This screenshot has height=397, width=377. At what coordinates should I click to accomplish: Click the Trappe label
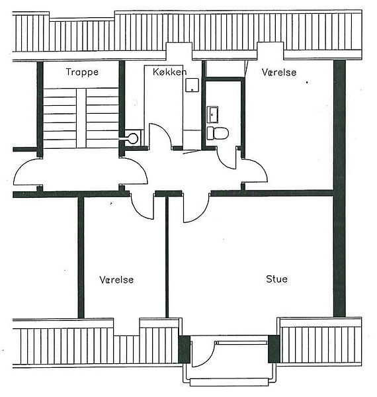tap(82, 72)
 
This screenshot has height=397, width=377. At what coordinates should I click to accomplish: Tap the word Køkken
tap(170, 72)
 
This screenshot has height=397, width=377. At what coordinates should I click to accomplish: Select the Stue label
tap(276, 279)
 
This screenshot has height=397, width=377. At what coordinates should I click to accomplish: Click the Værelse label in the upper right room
tap(279, 72)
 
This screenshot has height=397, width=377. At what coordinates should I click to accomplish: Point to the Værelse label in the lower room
tap(116, 279)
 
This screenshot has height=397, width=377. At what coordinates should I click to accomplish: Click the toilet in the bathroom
tap(218, 133)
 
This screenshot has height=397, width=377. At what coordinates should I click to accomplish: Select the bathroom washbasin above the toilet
tap(212, 114)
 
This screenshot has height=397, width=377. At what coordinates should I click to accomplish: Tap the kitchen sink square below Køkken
tap(192, 85)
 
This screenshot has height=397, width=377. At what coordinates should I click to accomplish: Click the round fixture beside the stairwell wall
tap(133, 138)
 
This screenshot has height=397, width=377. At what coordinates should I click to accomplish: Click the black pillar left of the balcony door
tap(184, 349)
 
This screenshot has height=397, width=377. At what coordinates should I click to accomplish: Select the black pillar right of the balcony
tap(274, 349)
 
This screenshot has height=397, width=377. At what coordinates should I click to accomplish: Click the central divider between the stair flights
tap(81, 118)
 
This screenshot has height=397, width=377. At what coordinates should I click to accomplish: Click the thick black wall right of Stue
tap(339, 189)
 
